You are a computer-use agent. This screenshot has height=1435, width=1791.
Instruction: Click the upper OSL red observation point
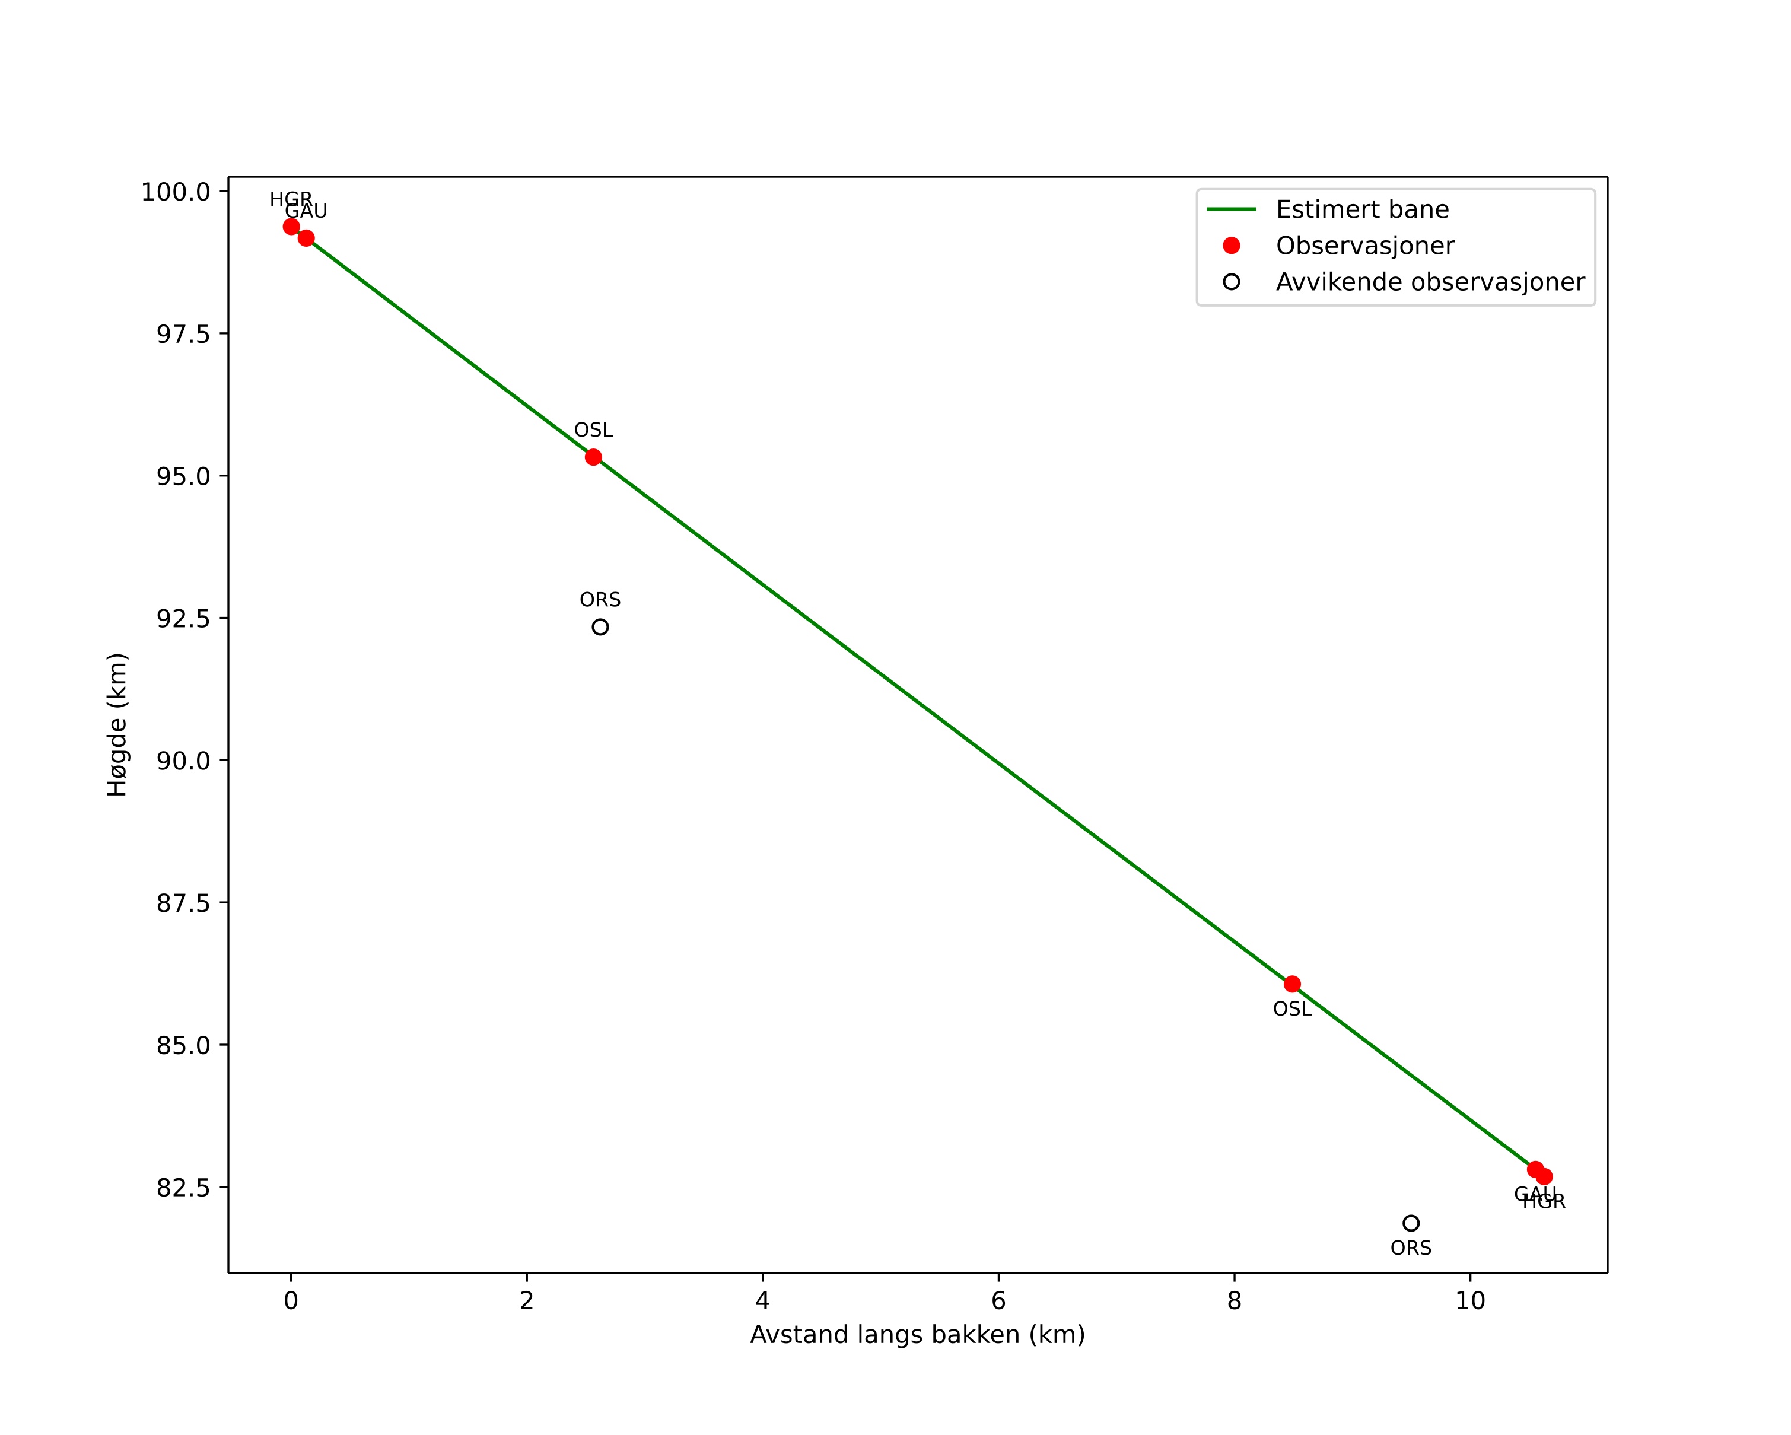593,457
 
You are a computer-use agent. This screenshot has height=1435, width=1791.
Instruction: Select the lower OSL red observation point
1291,984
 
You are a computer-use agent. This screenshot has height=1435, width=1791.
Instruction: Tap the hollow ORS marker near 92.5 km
600,627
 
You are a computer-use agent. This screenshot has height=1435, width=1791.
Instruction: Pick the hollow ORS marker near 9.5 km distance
1411,1223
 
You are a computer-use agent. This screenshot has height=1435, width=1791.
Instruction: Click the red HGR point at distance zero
291,227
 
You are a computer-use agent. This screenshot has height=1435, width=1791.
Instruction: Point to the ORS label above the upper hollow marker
600,600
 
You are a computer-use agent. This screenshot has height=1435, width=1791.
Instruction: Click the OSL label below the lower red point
1291,1009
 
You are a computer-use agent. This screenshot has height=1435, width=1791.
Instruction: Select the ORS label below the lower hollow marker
1411,1248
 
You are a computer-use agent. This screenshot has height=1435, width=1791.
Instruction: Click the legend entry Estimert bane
1361,209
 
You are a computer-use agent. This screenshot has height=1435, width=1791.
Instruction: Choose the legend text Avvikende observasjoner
1430,282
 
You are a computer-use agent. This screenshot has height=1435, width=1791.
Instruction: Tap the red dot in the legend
1231,246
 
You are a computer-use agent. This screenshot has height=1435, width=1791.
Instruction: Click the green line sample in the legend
1231,209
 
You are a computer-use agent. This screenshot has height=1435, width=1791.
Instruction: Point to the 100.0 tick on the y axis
175,192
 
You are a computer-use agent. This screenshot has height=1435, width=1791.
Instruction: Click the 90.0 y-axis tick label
183,761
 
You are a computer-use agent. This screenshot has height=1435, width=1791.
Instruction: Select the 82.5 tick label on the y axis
183,1188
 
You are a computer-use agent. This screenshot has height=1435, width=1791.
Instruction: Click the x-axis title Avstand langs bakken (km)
917,1335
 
